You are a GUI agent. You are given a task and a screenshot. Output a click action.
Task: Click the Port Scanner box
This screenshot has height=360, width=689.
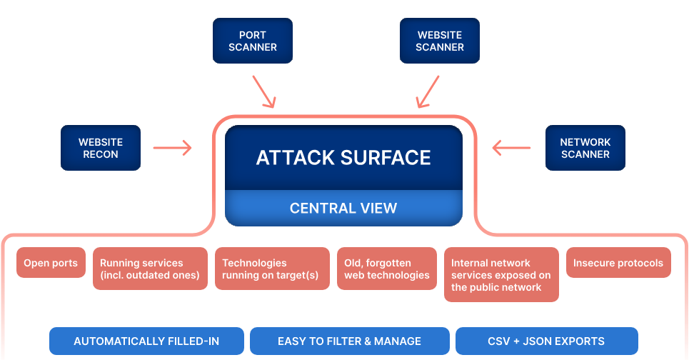point(253,41)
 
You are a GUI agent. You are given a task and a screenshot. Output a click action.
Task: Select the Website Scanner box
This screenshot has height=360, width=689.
point(439,41)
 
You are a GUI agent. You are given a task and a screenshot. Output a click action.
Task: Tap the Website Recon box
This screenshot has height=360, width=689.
point(100,149)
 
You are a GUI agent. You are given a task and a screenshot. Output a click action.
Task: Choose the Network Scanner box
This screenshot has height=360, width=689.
point(585,149)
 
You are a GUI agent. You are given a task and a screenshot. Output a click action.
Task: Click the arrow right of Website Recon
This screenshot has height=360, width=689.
point(173,149)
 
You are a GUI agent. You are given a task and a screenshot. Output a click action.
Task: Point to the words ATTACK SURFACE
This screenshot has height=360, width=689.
point(343,158)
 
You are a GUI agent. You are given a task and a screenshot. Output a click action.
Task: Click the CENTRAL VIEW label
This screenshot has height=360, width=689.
point(343,209)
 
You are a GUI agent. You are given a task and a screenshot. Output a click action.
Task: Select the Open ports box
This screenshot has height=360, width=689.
point(51,264)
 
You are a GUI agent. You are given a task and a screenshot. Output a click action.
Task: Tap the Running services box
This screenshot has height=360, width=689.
point(149,269)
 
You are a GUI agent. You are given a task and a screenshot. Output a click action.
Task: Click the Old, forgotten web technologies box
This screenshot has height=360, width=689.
point(386,269)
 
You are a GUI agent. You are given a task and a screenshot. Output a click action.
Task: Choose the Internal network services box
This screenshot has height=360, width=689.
point(501,275)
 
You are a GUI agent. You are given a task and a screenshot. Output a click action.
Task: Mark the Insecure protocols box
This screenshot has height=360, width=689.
point(618,264)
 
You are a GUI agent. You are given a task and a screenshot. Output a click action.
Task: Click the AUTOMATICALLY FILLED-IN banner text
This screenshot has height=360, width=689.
point(146,341)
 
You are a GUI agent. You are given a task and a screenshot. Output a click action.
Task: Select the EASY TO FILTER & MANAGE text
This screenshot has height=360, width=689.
point(349,341)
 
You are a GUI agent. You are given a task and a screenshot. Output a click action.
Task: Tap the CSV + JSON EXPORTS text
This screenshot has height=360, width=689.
point(546,341)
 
